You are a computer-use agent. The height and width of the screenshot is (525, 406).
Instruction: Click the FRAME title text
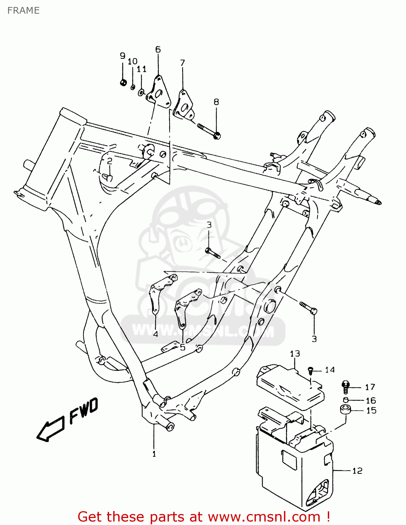pos(23,10)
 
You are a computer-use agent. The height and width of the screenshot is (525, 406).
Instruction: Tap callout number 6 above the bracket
pos(158,50)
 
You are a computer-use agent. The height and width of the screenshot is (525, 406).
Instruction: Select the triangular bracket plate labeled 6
pos(158,92)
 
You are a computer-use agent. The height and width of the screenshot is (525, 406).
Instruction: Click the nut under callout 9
pos(123,83)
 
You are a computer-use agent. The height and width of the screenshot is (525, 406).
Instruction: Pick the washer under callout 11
pos(141,92)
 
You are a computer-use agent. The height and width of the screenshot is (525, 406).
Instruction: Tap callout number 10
pos(132,62)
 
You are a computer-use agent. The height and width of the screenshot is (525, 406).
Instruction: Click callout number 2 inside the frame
pos(110,161)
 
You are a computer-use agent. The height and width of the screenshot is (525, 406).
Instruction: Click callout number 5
pos(182,347)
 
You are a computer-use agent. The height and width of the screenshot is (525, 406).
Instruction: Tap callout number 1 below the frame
pos(154,454)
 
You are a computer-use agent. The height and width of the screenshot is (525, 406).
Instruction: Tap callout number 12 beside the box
pos(357,471)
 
